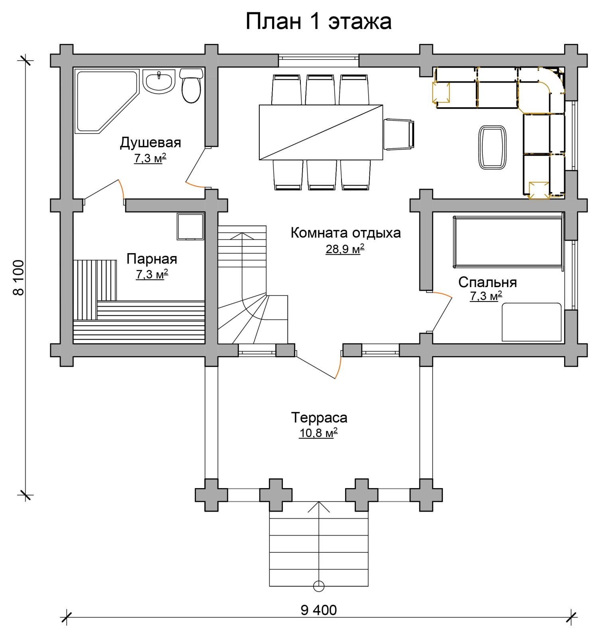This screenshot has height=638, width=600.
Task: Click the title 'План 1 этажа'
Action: pos(318,21)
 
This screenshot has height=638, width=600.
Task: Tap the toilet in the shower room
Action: pos(191,85)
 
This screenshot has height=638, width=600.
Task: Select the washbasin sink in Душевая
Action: pos(159,81)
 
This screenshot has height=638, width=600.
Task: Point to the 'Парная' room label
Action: pos(152,259)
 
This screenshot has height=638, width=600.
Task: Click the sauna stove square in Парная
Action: pos(190,226)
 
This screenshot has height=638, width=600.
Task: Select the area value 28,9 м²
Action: pos(345,249)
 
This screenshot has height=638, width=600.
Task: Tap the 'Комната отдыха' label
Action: pos(345,232)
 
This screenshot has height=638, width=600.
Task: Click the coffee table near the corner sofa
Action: pos(492,148)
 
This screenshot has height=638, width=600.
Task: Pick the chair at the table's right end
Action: pos(399,134)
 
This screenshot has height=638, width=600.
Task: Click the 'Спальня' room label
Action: pos(487,282)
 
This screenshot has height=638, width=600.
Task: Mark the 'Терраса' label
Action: pos(319,417)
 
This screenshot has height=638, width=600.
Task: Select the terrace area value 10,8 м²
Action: pos(318,433)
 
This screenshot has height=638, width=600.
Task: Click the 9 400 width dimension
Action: pos(318,610)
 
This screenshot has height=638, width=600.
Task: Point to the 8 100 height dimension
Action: pos(19,278)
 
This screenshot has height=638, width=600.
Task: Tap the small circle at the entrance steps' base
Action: pos(319,586)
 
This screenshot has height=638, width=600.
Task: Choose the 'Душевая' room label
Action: pos(150,142)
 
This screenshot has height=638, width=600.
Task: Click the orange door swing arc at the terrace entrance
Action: pos(338,365)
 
